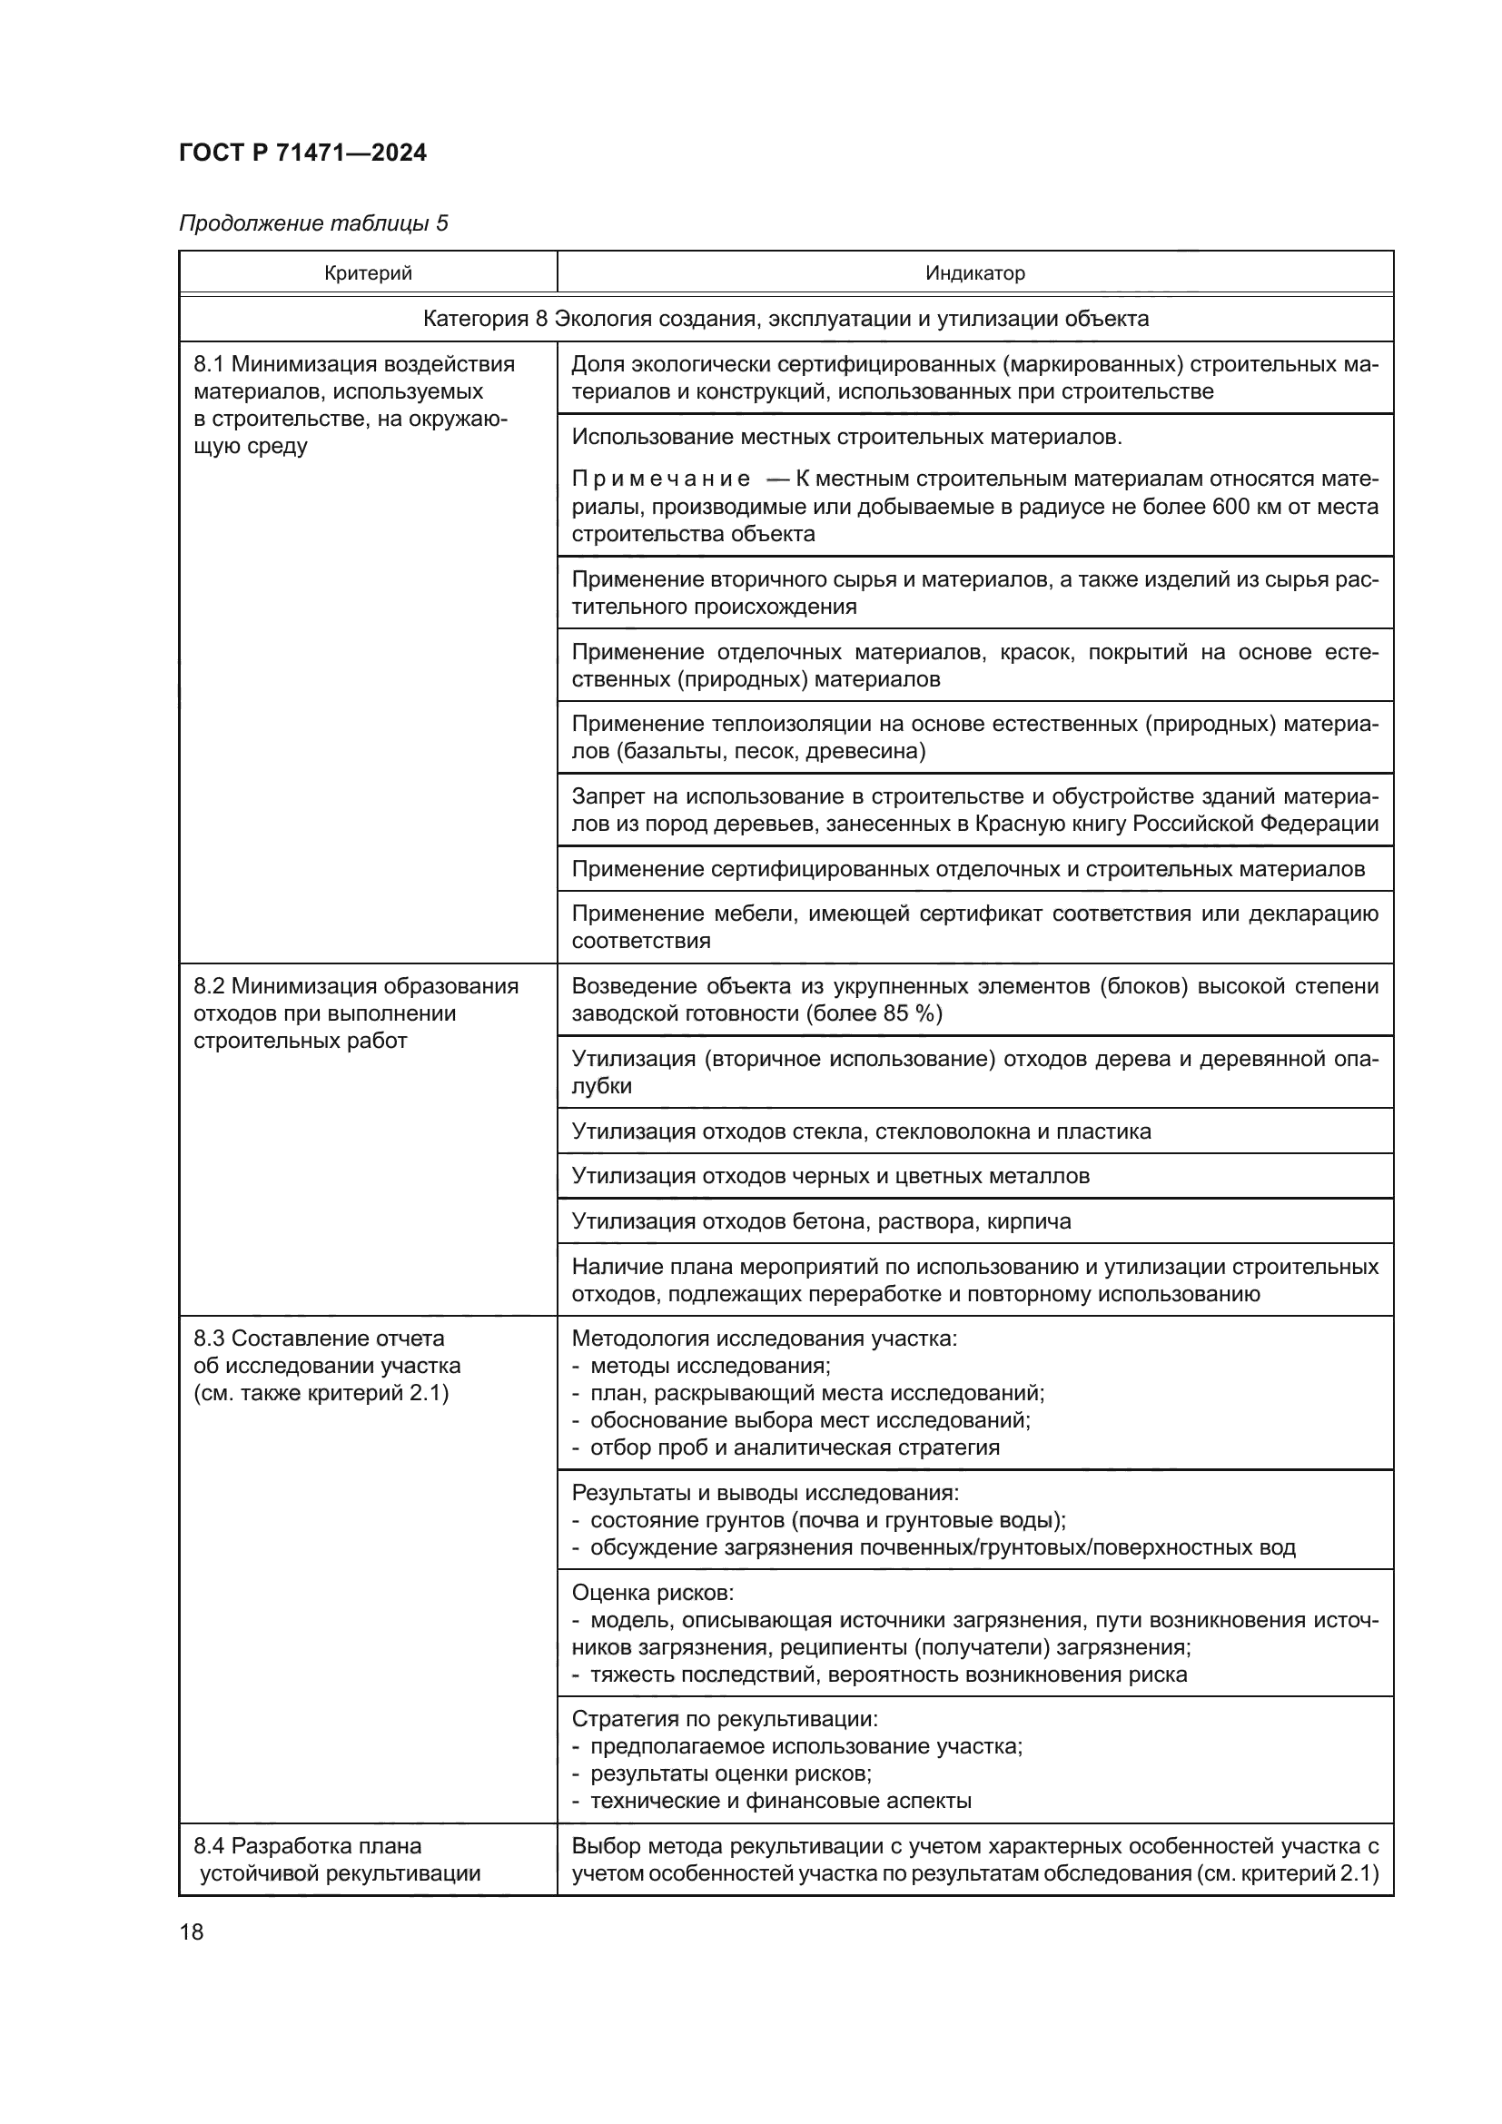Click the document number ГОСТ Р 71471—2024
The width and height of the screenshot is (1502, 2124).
[x=302, y=153]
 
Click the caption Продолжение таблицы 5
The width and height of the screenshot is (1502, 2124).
[x=312, y=223]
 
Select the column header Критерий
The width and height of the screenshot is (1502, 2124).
[x=368, y=273]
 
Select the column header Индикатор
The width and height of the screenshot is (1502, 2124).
[x=974, y=273]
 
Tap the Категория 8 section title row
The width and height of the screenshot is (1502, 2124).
[x=786, y=319]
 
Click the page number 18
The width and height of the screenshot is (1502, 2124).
[x=192, y=1931]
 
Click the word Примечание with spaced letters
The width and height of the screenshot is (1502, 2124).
[x=660, y=479]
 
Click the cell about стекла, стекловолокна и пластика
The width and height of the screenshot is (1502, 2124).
[x=861, y=1131]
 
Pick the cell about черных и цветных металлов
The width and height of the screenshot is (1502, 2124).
[x=830, y=1176]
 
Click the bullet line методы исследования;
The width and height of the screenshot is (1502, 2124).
[x=709, y=1366]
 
